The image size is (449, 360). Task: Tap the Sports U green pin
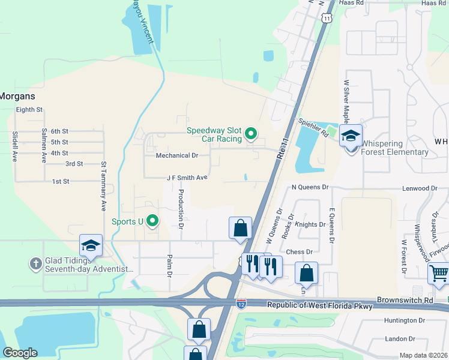tap(152, 221)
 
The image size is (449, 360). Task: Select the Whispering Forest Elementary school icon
tap(351, 136)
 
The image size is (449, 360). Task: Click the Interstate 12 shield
tap(241, 304)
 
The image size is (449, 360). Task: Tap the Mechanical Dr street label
tap(176, 155)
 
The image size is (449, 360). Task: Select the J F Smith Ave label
tap(187, 178)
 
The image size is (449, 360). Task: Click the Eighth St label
tap(29, 110)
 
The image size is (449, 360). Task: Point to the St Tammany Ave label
tap(103, 185)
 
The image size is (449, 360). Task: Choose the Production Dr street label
tap(181, 209)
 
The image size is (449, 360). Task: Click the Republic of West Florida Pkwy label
tap(312, 306)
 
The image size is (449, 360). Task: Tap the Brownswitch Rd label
tap(405, 299)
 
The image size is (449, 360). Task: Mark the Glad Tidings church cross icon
tap(36, 263)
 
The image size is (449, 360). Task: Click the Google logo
tap(20, 353)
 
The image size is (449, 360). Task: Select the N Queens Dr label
tap(310, 187)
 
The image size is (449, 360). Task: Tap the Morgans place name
tap(17, 96)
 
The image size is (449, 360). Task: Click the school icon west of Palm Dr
tap(91, 245)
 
